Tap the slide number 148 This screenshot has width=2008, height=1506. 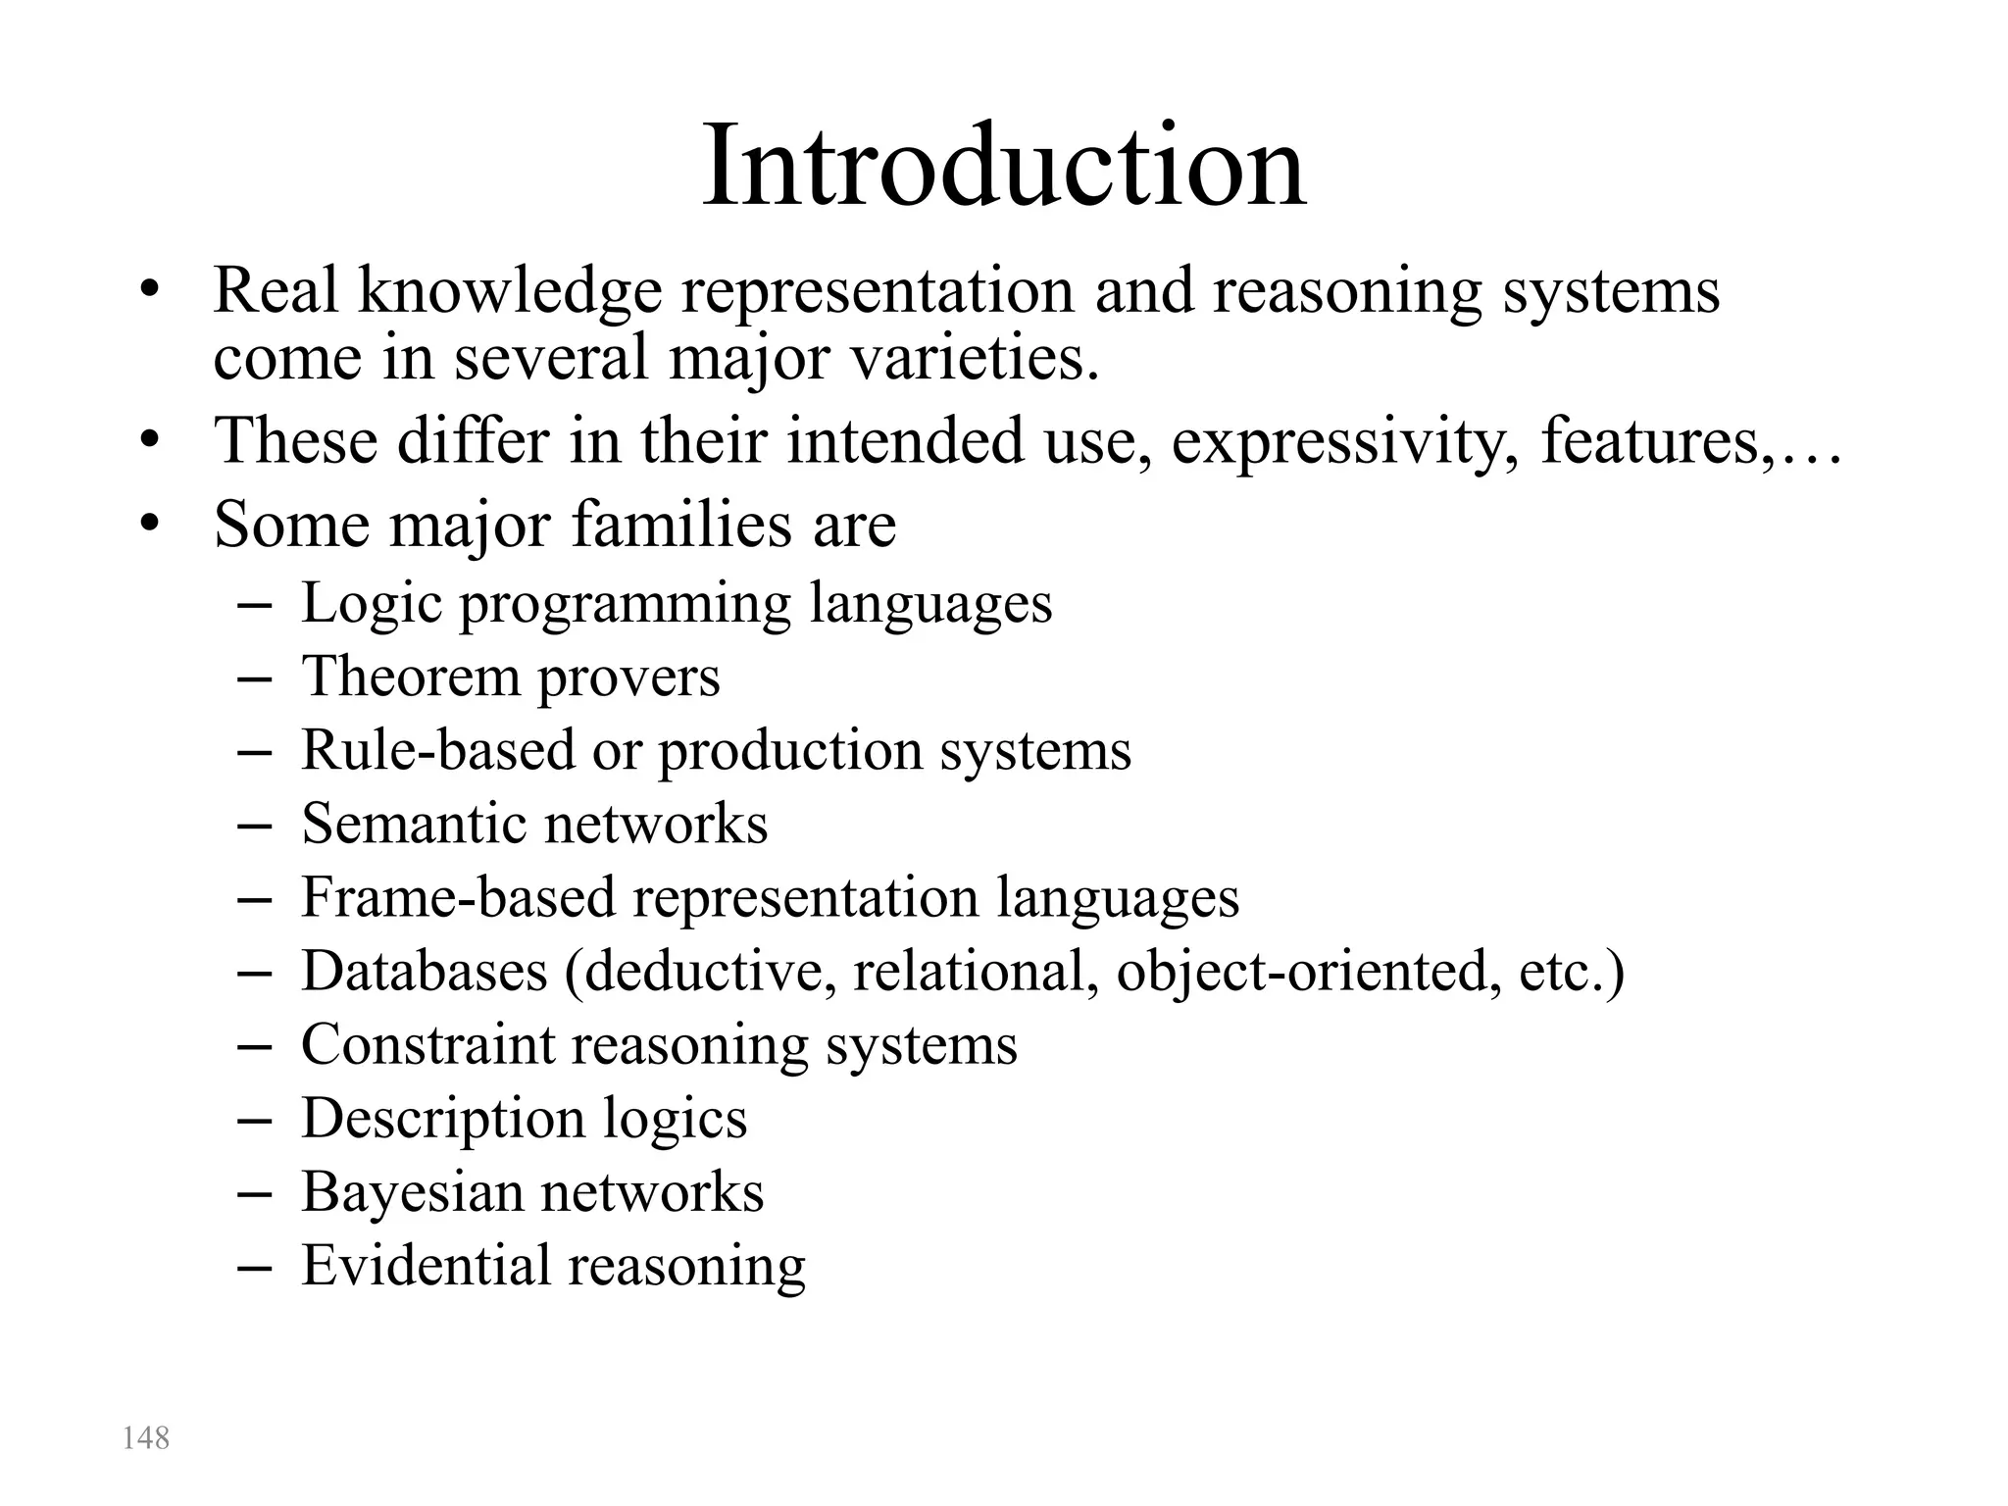pyautogui.click(x=145, y=1437)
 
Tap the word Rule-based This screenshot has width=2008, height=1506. pyautogui.click(x=437, y=750)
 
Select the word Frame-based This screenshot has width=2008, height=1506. pyautogui.click(x=457, y=897)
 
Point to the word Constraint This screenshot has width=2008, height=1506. pyautogui.click(x=427, y=1044)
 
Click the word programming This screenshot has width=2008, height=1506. pyautogui.click(x=625, y=603)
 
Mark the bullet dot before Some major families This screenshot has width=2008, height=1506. pyautogui.click(x=148, y=525)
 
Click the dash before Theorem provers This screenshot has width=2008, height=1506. pyautogui.click(x=254, y=678)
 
